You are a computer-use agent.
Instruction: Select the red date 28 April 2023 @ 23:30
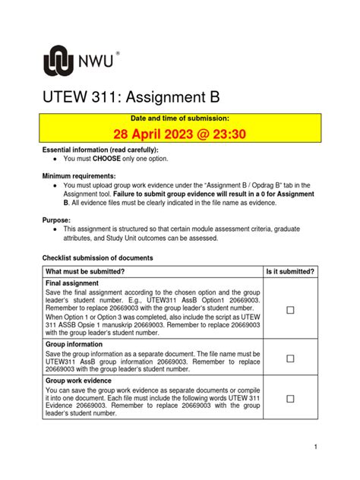[x=180, y=134]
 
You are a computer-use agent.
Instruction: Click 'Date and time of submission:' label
[x=180, y=118]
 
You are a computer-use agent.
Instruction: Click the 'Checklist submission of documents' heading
[x=97, y=258]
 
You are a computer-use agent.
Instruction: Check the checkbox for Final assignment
[x=290, y=310]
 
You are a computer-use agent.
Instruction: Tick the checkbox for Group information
[x=290, y=358]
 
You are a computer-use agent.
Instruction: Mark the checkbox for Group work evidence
[x=290, y=398]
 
